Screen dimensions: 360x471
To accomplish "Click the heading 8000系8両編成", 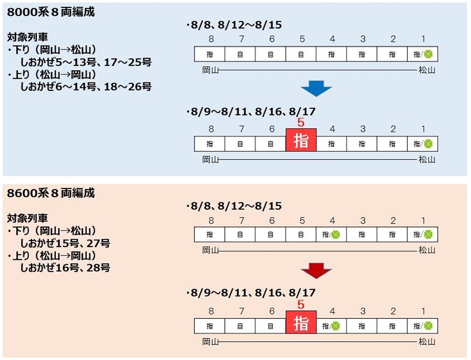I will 51,12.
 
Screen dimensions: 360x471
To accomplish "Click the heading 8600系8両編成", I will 51,193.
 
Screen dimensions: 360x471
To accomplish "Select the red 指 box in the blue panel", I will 301,141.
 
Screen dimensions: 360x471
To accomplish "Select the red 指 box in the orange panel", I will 301,323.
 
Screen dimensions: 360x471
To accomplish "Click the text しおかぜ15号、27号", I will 65,243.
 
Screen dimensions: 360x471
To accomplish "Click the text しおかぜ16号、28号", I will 65,268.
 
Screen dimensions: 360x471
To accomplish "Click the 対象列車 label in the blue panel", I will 28,37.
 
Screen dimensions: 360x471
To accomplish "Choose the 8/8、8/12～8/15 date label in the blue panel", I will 234,25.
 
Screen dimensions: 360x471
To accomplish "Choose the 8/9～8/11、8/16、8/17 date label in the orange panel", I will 250,293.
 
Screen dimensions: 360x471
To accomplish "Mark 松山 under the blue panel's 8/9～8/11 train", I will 427,160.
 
